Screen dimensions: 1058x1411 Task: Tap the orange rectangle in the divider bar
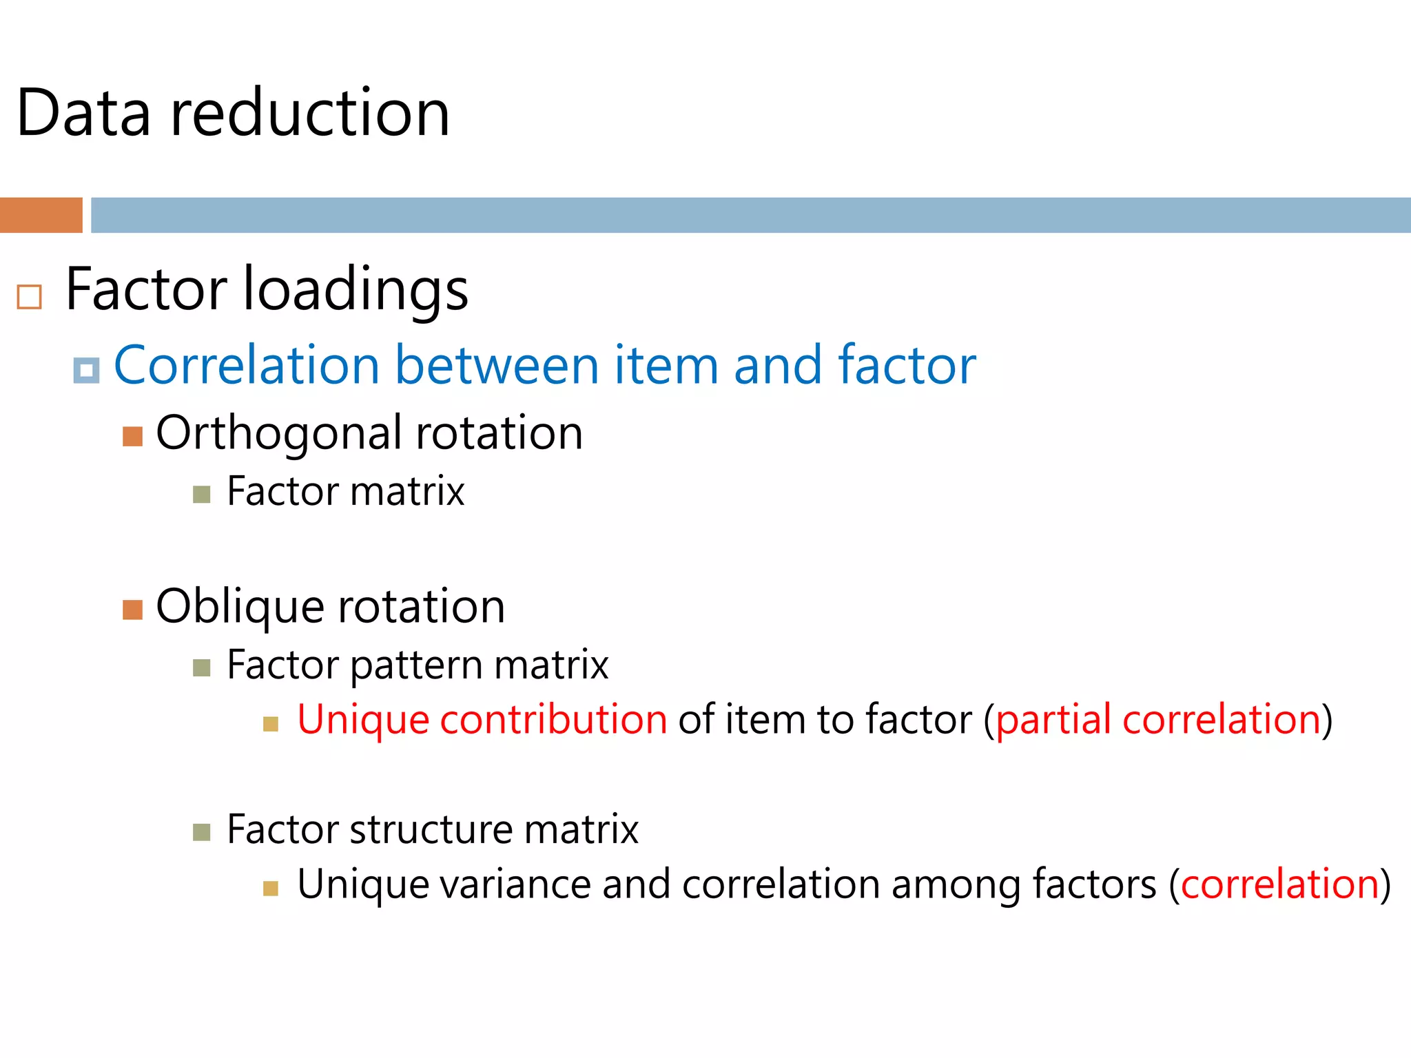pos(41,215)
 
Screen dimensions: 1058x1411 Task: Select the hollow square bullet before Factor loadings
pos(30,297)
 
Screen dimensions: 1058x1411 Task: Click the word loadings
pos(356,290)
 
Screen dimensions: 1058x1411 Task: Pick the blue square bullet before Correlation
pos(87,371)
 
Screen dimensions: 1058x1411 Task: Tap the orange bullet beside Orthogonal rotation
pos(132,437)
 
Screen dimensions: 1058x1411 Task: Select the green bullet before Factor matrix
pos(201,495)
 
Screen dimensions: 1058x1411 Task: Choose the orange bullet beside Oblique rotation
pos(132,610)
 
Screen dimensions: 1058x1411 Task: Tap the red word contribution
pos(553,720)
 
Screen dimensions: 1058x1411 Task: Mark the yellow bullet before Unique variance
pos(271,889)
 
